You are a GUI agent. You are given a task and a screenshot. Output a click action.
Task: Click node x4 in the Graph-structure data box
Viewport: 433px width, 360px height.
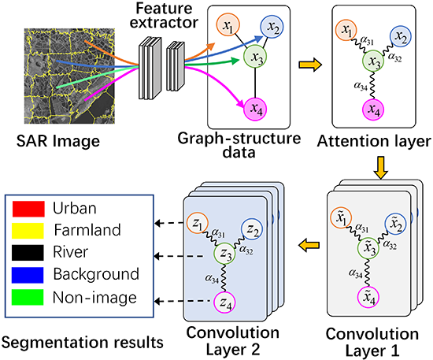(x=255, y=106)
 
